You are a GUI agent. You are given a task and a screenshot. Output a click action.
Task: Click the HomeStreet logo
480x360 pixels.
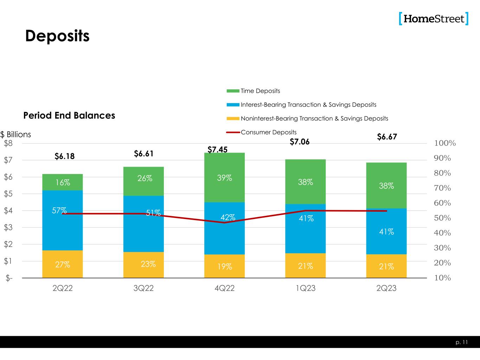[x=434, y=19]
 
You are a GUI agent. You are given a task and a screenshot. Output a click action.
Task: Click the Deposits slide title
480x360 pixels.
[x=57, y=36]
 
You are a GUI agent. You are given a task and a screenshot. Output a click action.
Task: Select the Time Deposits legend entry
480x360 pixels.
[x=260, y=91]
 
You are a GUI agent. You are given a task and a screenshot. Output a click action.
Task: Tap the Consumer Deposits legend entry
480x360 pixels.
[x=268, y=133]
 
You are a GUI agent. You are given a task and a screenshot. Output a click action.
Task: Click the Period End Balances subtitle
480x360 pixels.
[x=69, y=116]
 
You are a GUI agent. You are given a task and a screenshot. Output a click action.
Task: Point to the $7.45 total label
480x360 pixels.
[x=217, y=150]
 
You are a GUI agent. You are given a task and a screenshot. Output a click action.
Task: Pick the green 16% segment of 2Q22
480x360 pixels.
[x=63, y=182]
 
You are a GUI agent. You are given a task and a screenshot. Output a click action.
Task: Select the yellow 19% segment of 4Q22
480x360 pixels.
[x=224, y=266]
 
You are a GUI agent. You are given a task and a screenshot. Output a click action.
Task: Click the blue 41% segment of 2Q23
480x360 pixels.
[x=386, y=232]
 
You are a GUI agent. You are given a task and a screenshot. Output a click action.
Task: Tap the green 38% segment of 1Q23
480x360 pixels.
[x=305, y=182]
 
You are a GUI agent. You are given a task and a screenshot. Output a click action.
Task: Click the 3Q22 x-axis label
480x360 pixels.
[x=143, y=288]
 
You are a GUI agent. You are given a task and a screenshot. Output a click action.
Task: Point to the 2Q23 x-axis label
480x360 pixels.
[x=386, y=288]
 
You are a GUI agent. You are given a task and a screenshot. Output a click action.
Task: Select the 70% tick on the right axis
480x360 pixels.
[x=442, y=188]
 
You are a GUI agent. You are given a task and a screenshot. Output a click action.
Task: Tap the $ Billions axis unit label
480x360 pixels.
[x=15, y=134]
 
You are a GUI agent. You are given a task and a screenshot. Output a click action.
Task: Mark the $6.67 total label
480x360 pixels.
[x=387, y=137]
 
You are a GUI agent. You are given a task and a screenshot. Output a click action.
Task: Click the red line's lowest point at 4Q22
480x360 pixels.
[x=224, y=223]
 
